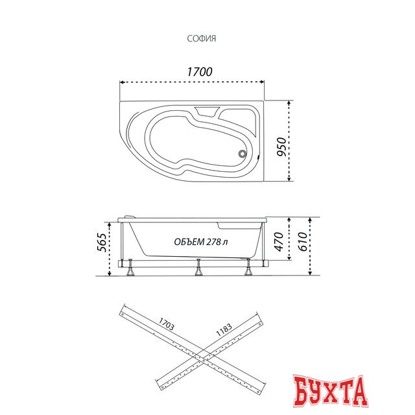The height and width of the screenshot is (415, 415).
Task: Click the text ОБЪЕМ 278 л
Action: (200, 242)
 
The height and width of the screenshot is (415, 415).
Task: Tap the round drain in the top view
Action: (242, 154)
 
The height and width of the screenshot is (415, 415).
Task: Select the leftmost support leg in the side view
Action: (132, 270)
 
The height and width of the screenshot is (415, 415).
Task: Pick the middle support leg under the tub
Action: (198, 270)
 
